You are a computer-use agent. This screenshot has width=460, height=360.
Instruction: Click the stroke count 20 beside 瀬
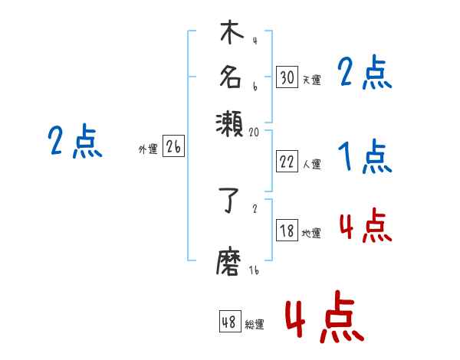coord(255,132)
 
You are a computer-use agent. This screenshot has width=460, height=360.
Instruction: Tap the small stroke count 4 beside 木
coord(254,41)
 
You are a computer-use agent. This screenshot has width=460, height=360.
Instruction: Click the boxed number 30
coord(287,77)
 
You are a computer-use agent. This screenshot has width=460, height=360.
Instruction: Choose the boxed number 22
coord(287,161)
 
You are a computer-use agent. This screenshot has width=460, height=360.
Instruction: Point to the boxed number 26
coord(173,148)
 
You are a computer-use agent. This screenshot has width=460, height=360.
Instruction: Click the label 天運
coord(311,80)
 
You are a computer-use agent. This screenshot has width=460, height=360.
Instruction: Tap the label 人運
coord(311,164)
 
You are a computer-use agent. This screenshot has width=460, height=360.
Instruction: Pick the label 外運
coord(148,150)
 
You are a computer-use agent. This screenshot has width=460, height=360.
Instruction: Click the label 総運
coord(255,325)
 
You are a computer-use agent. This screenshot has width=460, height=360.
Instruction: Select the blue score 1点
coord(365,158)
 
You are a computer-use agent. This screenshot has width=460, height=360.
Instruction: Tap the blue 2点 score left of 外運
coord(75,142)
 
